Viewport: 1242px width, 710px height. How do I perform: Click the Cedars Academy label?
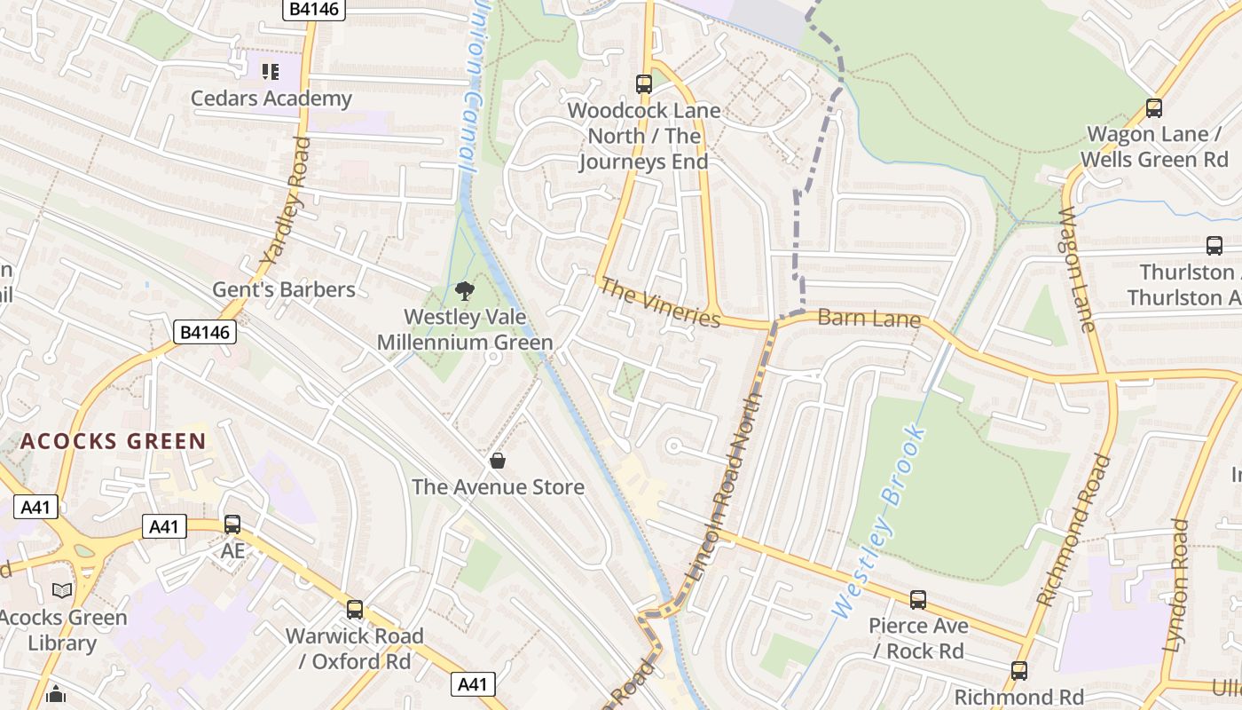[x=271, y=99]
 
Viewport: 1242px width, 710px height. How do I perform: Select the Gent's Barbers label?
[x=283, y=289]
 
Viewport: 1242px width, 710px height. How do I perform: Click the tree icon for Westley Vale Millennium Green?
[x=464, y=290]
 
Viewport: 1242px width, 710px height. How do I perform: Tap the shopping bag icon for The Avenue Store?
[x=498, y=461]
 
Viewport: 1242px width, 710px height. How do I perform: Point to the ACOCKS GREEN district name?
[x=114, y=441]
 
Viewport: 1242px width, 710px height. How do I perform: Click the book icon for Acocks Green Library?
[x=62, y=590]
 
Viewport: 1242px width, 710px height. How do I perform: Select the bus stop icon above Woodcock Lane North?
[x=644, y=84]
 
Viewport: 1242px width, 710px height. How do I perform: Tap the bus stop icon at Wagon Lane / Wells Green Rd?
[x=1153, y=108]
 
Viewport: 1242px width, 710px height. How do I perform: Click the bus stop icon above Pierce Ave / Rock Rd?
[x=918, y=600]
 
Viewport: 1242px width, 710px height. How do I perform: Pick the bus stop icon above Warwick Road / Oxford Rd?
[x=355, y=610]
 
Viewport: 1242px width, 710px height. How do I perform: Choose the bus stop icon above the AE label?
[x=232, y=525]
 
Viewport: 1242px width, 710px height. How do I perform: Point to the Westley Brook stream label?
[x=880, y=522]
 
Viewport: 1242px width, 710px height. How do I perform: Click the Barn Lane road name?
[x=869, y=318]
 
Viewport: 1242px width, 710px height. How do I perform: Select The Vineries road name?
[x=660, y=303]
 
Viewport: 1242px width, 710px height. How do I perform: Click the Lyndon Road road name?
[x=1177, y=586]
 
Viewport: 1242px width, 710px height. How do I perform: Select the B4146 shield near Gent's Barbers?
[x=205, y=333]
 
